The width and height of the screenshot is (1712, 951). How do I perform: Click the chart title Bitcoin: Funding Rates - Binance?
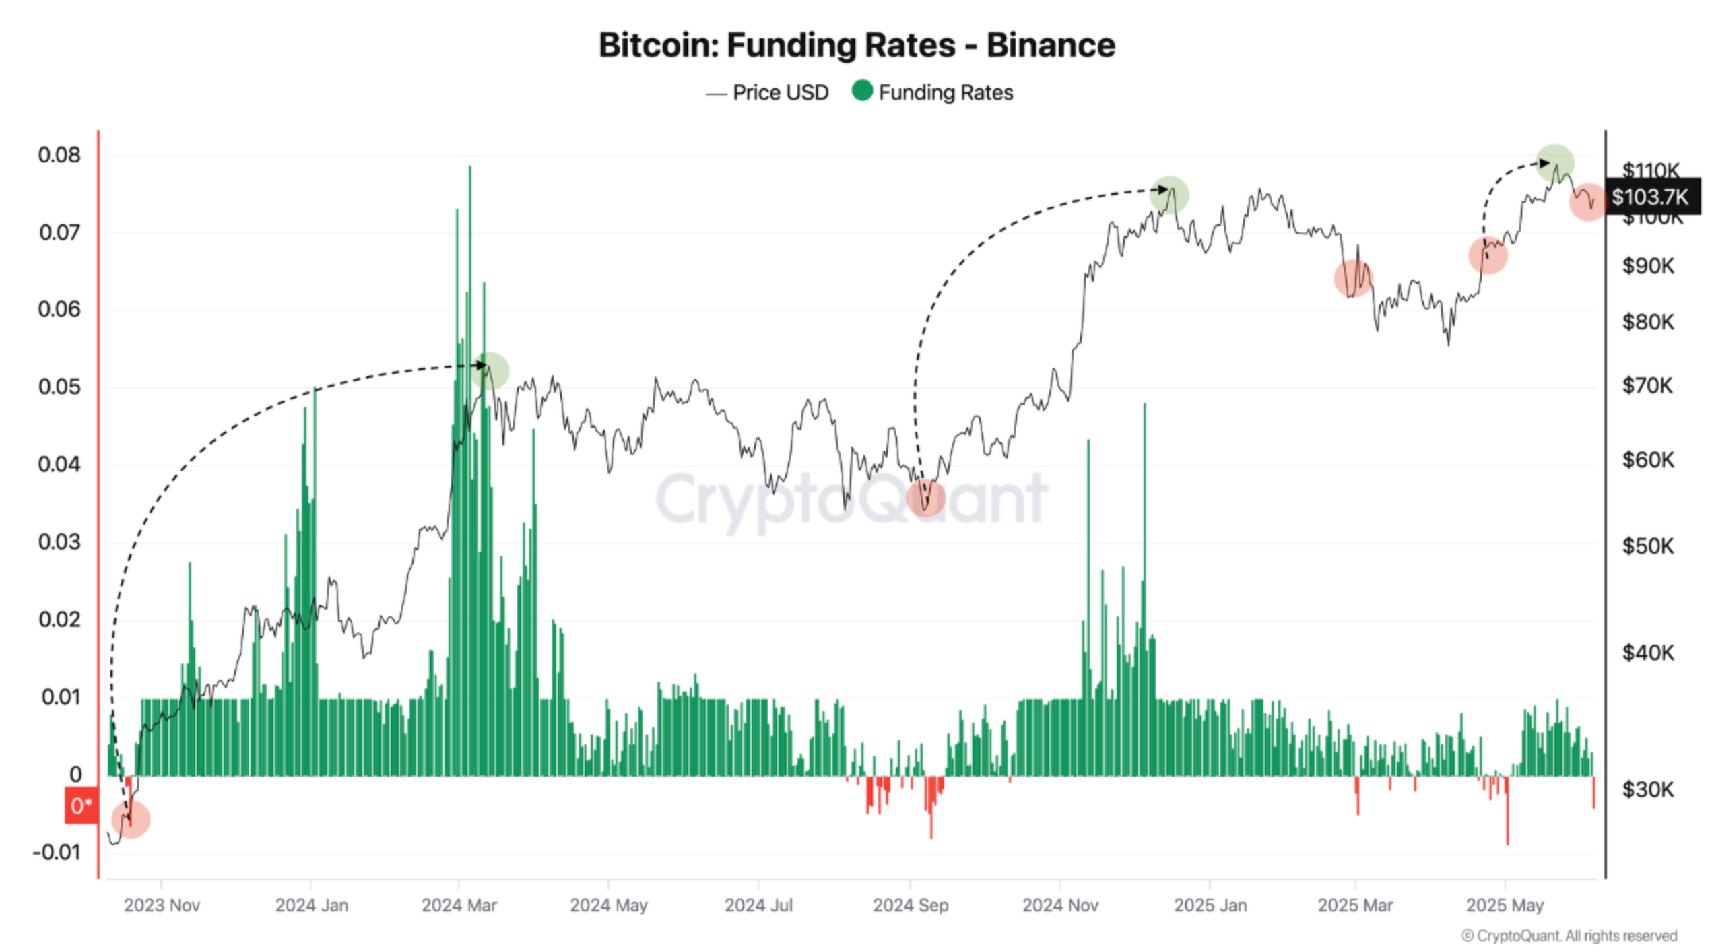click(x=857, y=45)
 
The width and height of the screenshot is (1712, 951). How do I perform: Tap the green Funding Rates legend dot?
click(x=862, y=90)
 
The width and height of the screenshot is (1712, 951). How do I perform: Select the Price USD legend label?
click(x=781, y=92)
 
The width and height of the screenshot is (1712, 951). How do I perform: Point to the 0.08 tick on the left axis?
click(x=59, y=155)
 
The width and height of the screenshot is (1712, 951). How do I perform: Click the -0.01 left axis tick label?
click(x=57, y=852)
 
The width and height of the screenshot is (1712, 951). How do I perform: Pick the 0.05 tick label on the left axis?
click(x=59, y=387)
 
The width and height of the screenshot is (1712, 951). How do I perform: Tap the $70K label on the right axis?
click(x=1647, y=385)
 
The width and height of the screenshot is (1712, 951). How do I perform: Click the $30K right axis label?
click(x=1647, y=789)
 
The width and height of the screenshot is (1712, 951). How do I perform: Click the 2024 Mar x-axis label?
click(x=459, y=905)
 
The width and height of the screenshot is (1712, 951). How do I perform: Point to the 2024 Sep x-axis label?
click(x=911, y=905)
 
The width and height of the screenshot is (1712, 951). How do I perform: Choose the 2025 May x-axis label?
click(x=1505, y=905)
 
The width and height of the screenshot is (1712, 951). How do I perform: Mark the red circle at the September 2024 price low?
click(x=925, y=498)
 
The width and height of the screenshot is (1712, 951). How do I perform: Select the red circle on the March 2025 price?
click(x=1353, y=278)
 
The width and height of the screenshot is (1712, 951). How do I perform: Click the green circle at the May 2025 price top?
click(x=1555, y=163)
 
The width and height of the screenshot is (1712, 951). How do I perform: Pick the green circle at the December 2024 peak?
click(x=1170, y=195)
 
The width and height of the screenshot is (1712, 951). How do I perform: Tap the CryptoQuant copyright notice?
click(x=1569, y=936)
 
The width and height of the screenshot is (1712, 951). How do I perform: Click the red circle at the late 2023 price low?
click(x=131, y=819)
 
